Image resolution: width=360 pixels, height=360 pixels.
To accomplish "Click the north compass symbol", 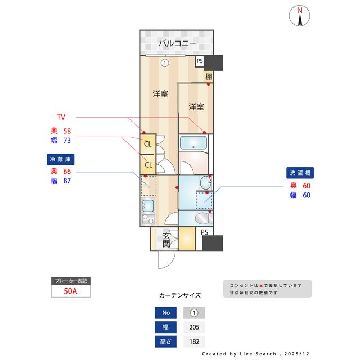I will [300, 15].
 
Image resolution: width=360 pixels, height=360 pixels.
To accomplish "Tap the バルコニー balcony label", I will [177, 43].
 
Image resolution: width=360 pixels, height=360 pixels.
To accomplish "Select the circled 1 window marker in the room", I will [164, 62].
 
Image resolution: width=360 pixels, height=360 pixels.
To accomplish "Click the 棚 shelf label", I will [209, 76].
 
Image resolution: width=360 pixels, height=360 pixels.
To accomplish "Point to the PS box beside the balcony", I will [200, 61].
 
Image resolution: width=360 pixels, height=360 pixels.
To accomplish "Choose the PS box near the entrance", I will [204, 232].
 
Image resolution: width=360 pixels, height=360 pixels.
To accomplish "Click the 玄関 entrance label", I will [167, 240].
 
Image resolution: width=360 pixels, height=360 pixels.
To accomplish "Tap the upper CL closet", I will [148, 143].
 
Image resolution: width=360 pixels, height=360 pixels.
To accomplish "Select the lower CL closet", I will [148, 164].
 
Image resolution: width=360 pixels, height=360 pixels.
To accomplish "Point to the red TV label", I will [61, 117].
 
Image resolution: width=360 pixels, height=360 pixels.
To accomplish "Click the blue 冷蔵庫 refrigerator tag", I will [60, 159].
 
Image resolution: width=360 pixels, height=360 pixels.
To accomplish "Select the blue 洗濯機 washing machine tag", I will [300, 173].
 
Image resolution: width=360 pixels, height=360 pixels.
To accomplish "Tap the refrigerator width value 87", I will [66, 181].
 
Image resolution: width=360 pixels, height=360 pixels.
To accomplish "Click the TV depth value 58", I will [66, 130].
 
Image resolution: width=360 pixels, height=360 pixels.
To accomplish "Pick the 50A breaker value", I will [70, 291].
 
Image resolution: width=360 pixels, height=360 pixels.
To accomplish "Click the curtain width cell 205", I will [194, 327].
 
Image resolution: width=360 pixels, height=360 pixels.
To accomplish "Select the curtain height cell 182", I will [194, 341].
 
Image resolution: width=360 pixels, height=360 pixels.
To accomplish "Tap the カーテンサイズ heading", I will [180, 295].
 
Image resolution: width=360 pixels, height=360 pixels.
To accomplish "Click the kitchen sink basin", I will [147, 218].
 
